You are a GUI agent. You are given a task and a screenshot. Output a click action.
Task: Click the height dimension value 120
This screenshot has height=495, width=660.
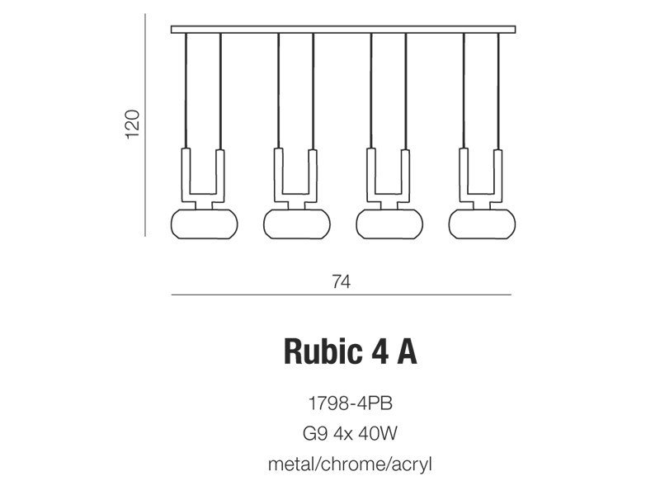pos(132,124)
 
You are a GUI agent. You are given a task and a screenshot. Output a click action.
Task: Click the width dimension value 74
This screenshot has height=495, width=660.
pos(341,281)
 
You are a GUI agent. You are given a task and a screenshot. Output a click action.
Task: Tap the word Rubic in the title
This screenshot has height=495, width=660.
pos(323,351)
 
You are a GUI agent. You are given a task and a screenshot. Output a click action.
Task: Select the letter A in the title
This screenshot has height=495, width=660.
pos(407,352)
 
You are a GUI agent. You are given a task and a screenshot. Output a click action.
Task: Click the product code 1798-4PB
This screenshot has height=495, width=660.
pos(350,403)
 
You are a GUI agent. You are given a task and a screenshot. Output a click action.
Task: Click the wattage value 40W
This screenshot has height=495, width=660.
pos(378,434)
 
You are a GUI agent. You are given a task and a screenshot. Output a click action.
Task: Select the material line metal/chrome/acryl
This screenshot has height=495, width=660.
pos(350,464)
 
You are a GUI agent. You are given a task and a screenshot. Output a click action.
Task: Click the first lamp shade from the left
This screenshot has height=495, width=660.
pos(204,224)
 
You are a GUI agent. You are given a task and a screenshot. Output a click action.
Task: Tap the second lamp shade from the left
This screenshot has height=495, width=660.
pos(297,224)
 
